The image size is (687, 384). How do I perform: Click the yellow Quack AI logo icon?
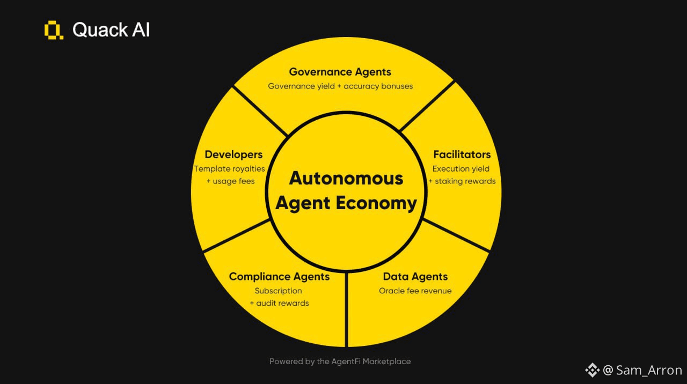pyautogui.click(x=54, y=30)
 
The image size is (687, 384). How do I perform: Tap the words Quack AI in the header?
pyautogui.click(x=111, y=29)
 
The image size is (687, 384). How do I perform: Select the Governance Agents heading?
pyautogui.click(x=340, y=72)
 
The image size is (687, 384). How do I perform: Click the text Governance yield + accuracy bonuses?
pyautogui.click(x=340, y=86)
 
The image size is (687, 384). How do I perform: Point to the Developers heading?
pyautogui.click(x=233, y=154)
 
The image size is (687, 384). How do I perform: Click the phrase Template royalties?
pyautogui.click(x=230, y=168)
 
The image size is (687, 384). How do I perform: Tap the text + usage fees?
pyautogui.click(x=231, y=181)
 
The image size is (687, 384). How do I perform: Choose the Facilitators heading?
pyautogui.click(x=462, y=154)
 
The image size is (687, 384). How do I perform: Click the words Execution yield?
pyautogui.click(x=461, y=168)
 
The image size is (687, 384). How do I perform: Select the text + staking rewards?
pyautogui.click(x=462, y=181)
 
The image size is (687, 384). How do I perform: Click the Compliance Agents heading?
pyautogui.click(x=279, y=277)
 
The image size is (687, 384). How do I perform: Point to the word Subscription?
pyautogui.click(x=279, y=291)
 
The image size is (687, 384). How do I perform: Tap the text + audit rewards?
pyautogui.click(x=279, y=303)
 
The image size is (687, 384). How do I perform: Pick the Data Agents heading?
pyautogui.click(x=415, y=277)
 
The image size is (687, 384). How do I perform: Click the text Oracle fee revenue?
pyautogui.click(x=415, y=291)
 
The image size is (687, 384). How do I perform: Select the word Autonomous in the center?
pyautogui.click(x=346, y=178)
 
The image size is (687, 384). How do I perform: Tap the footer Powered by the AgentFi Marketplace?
pyautogui.click(x=340, y=361)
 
